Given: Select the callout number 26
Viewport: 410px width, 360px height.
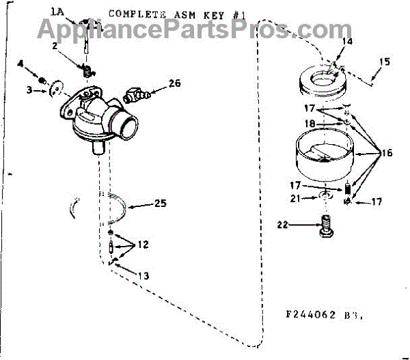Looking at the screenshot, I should [x=175, y=84].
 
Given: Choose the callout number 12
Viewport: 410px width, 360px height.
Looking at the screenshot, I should [x=142, y=244].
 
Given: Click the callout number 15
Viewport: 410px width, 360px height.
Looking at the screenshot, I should [x=385, y=62].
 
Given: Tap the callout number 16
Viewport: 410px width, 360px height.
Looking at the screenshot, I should [x=387, y=154].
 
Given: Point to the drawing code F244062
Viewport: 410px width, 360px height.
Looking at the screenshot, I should [x=312, y=316].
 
